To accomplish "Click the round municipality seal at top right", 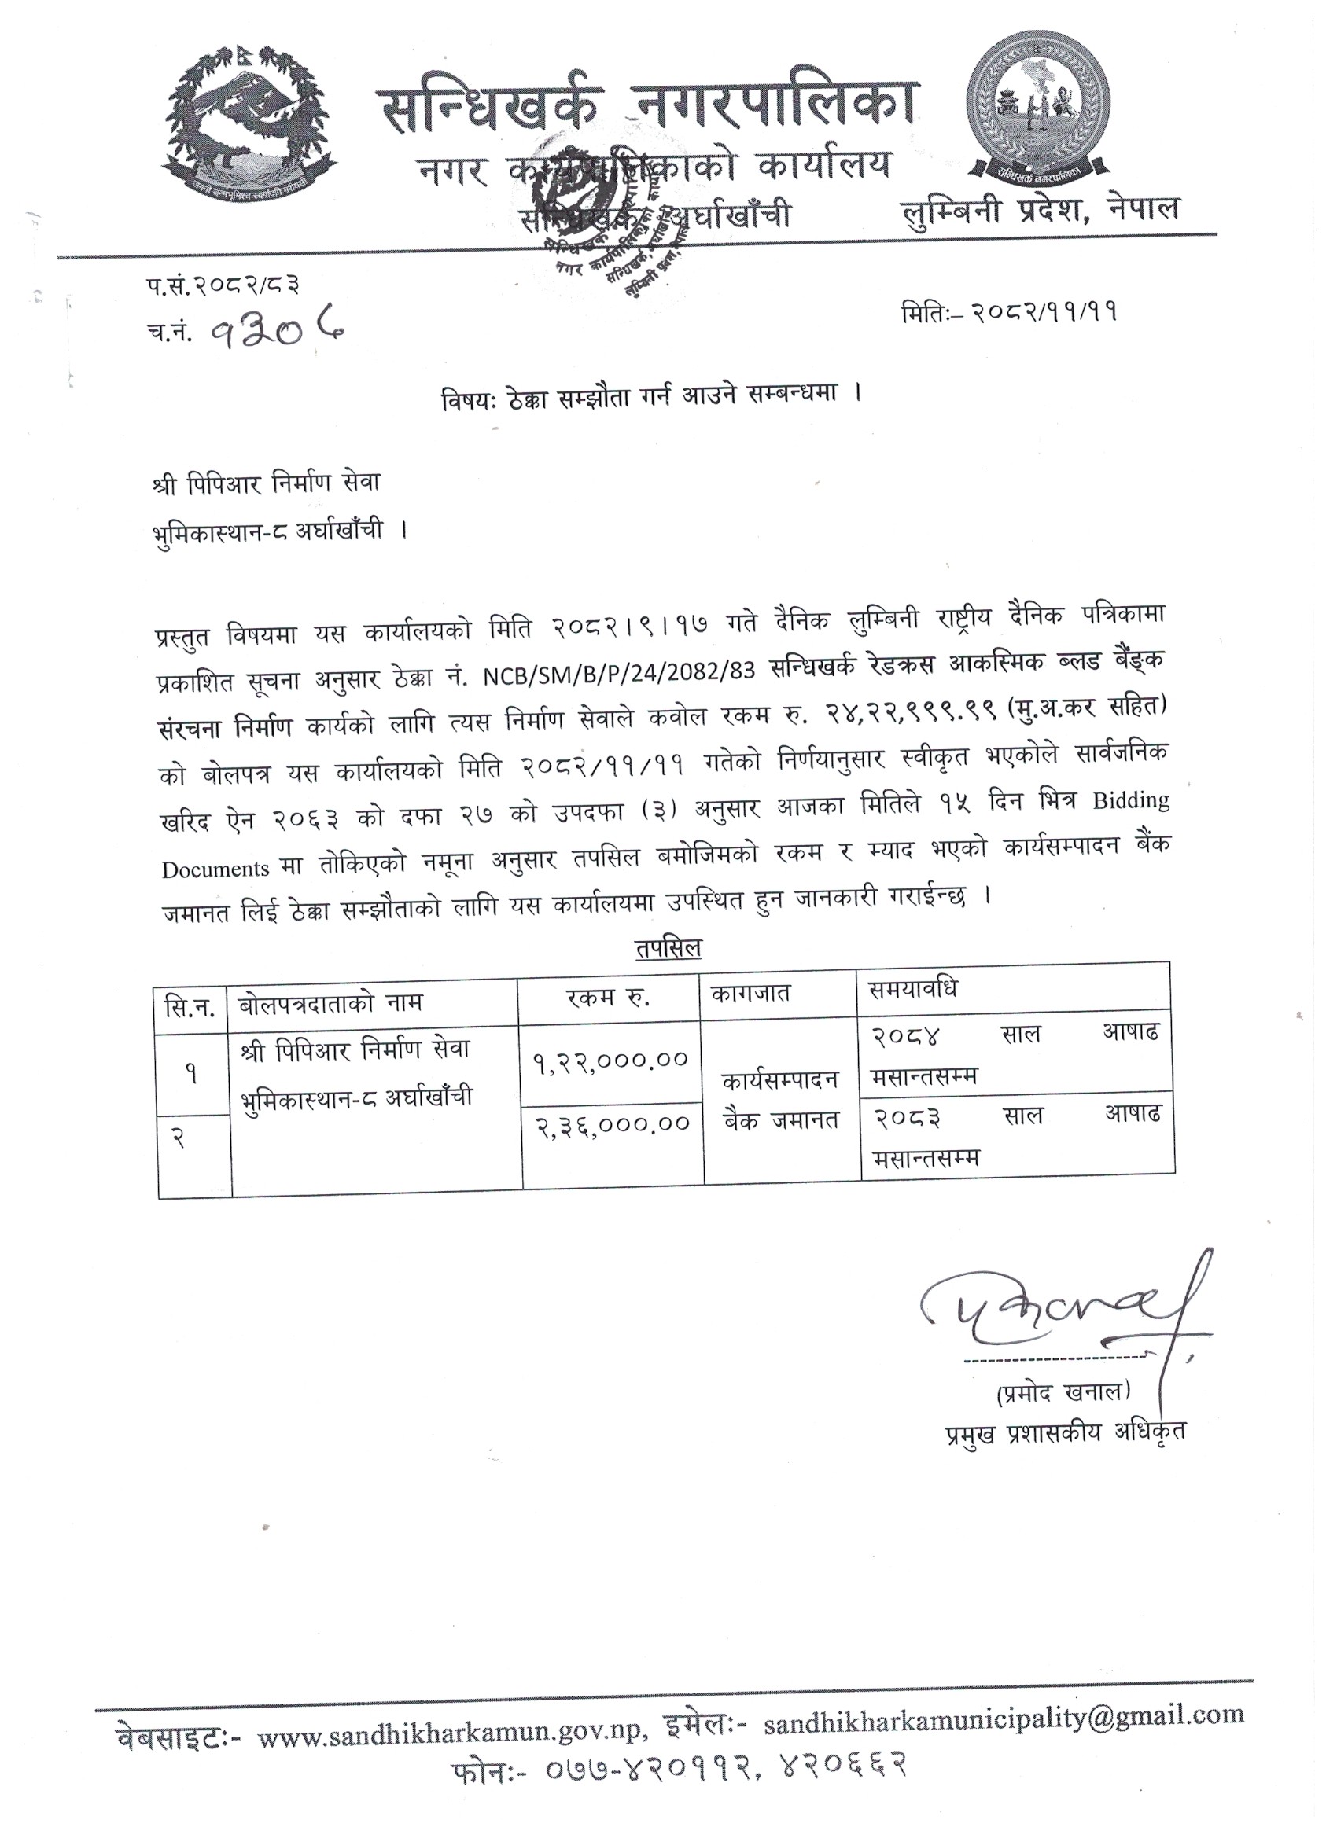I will (x=1040, y=125).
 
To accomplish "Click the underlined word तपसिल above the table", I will (x=668, y=948).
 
